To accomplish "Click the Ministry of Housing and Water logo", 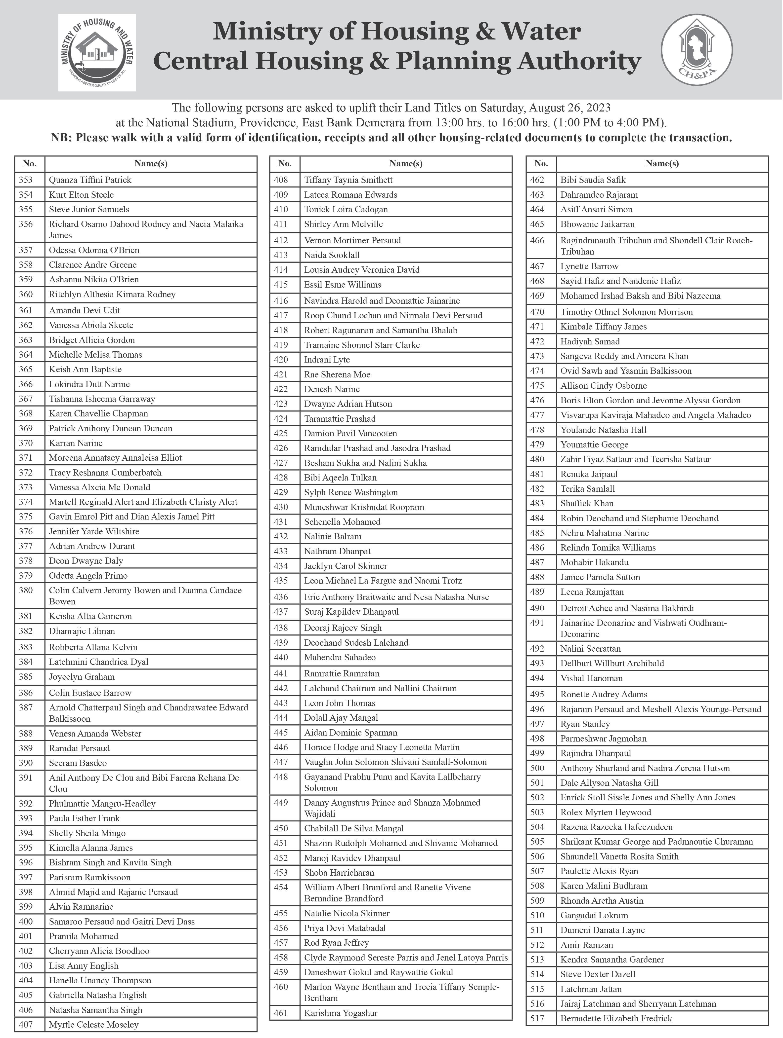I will pos(97,53).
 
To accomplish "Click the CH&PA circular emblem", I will pos(696,50).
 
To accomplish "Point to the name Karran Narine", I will pos(76,443).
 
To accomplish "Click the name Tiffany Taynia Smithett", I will pos(348,180).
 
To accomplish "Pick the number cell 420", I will pos(281,360).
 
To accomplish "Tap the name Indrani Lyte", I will pos(327,360).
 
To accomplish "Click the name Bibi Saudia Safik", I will pos(593,180).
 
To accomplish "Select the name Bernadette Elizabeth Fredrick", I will pos(616,1018).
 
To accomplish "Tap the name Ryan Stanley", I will pos(585,724).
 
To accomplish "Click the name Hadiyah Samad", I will pos(590,341).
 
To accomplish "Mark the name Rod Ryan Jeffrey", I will pos(336,942).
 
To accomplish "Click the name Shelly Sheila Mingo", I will pos(87,833).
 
